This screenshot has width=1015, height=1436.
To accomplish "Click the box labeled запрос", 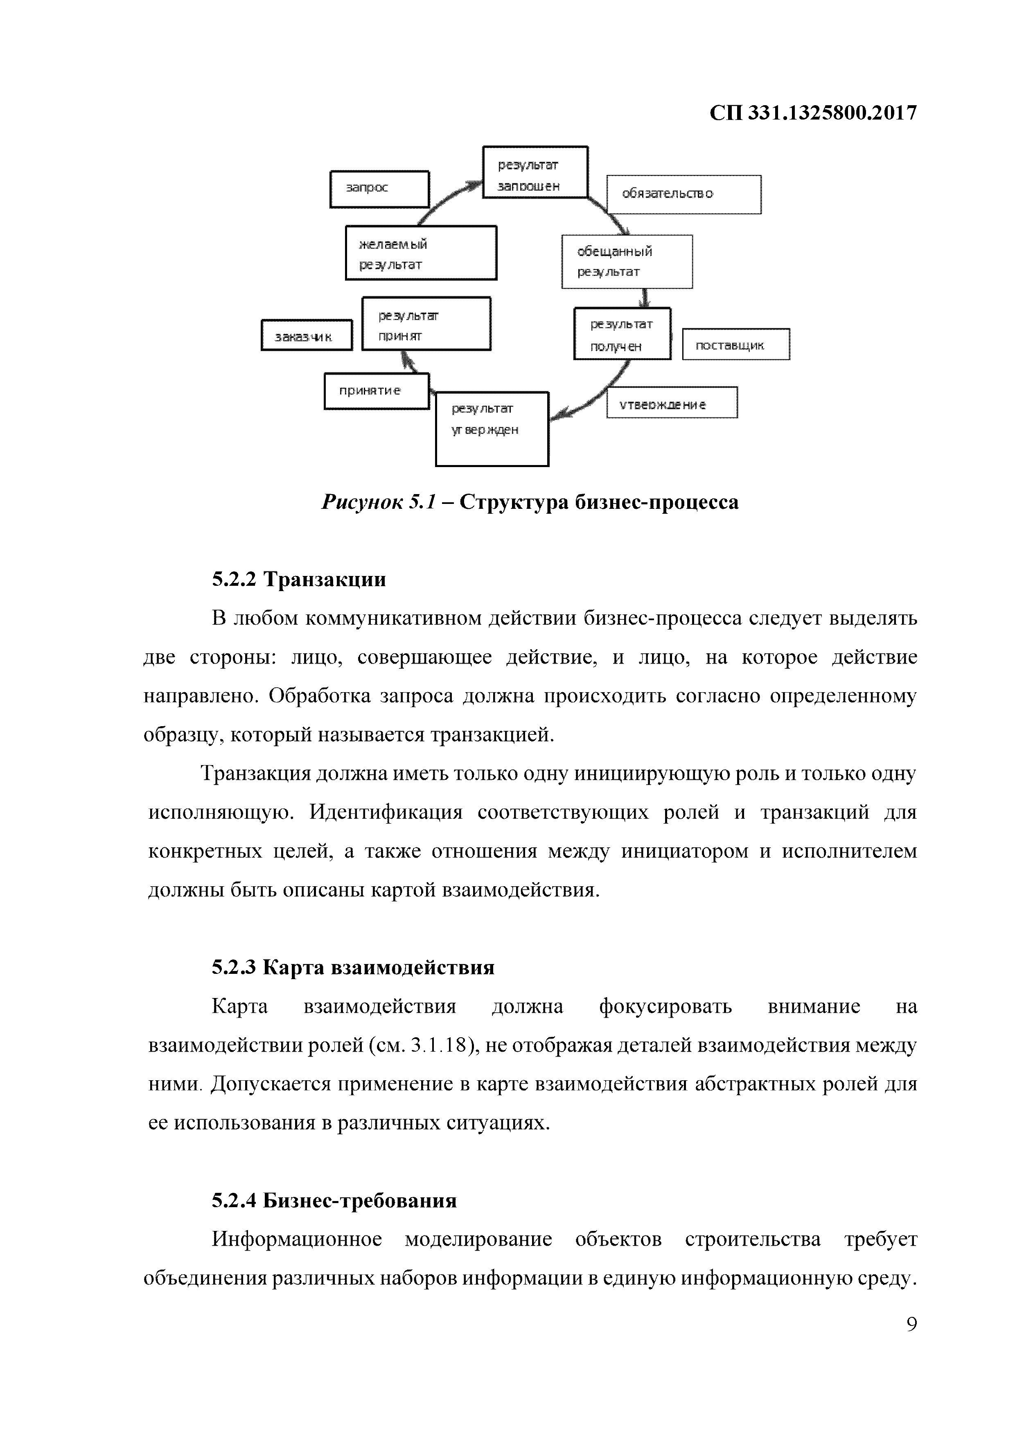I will [379, 189].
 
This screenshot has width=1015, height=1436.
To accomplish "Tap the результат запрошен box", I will [535, 172].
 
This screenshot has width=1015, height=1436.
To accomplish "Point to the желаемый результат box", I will [421, 253].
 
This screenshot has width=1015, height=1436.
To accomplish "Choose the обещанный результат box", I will [627, 262].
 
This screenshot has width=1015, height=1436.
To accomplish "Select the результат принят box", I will [426, 324].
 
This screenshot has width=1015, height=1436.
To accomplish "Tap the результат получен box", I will [622, 334].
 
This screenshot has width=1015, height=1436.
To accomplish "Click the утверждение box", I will [672, 403].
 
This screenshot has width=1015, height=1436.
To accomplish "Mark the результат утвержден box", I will [492, 429].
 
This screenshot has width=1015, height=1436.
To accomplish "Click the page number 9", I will [911, 1324].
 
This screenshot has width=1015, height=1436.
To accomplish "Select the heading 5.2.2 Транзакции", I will [298, 580].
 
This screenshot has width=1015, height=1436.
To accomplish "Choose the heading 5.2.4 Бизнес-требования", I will [334, 1200].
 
